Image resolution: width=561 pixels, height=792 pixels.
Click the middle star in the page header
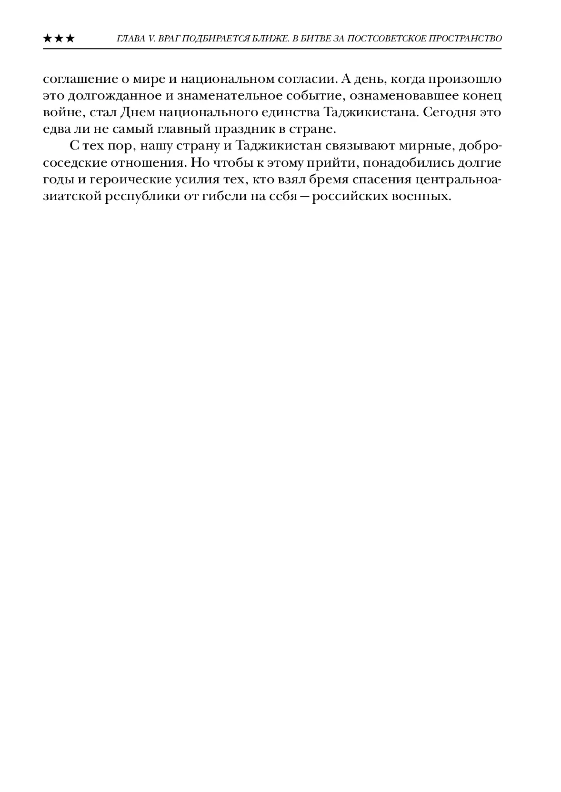59,39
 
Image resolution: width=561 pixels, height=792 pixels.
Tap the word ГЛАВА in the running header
129,39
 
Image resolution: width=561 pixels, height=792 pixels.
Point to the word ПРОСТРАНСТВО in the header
468,39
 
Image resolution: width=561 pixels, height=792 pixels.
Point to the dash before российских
303,197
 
